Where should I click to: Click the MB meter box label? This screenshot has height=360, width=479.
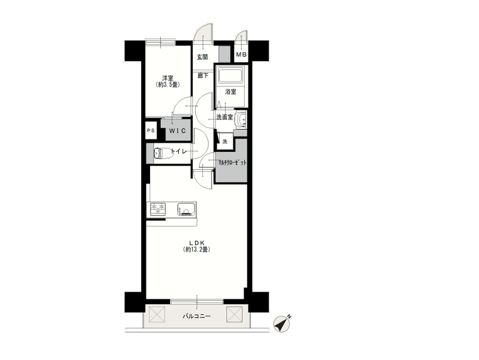pos(241,55)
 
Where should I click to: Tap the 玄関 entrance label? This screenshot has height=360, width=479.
pos(202,57)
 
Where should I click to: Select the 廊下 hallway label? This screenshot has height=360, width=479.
pos(203,76)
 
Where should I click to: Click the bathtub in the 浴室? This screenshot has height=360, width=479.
pos(230,75)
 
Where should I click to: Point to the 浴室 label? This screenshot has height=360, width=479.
pos(230,92)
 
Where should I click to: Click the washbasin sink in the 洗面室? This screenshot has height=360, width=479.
pos(241,119)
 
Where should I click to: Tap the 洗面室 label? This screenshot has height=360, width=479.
pos(224,117)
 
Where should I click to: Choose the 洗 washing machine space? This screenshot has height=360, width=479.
pos(225,142)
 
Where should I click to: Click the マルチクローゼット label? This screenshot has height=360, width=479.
pos(231,163)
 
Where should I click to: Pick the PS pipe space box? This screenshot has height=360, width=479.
pos(151,130)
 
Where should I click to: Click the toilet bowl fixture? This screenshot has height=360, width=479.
pos(163,152)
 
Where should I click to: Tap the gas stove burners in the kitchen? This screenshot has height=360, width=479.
pos(158,208)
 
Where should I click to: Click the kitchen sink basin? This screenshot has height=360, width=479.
pos(186,209)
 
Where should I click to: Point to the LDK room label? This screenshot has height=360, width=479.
pos(196,243)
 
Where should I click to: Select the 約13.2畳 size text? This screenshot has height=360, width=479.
pos(196,250)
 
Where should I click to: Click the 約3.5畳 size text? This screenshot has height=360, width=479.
pos(167,85)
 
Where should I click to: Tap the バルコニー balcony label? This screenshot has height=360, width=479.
pos(196,316)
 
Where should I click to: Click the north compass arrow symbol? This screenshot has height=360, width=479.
pos(282,323)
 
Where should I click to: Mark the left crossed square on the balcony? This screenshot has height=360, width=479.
pos(157,314)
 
